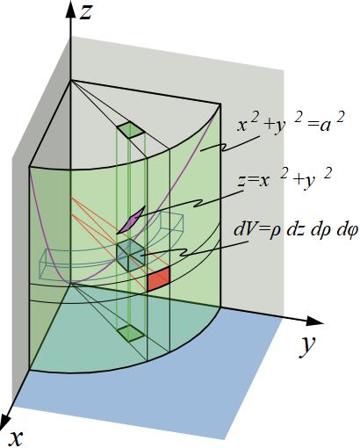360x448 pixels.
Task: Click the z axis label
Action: click(x=87, y=13)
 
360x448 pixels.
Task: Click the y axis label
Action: click(x=307, y=347)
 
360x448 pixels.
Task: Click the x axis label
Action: click(x=16, y=437)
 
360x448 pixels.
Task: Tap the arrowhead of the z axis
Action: click(x=70, y=11)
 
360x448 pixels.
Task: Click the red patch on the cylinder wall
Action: click(x=158, y=279)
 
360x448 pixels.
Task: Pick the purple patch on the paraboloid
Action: click(x=131, y=220)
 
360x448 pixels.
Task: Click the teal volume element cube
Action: click(x=131, y=255)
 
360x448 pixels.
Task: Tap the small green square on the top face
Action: click(x=131, y=130)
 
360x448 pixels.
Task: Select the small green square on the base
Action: click(x=131, y=333)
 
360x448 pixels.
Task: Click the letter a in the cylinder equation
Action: click(x=327, y=126)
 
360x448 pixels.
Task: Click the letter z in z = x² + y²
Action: click(x=241, y=181)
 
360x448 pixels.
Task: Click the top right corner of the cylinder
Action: click(x=220, y=104)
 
